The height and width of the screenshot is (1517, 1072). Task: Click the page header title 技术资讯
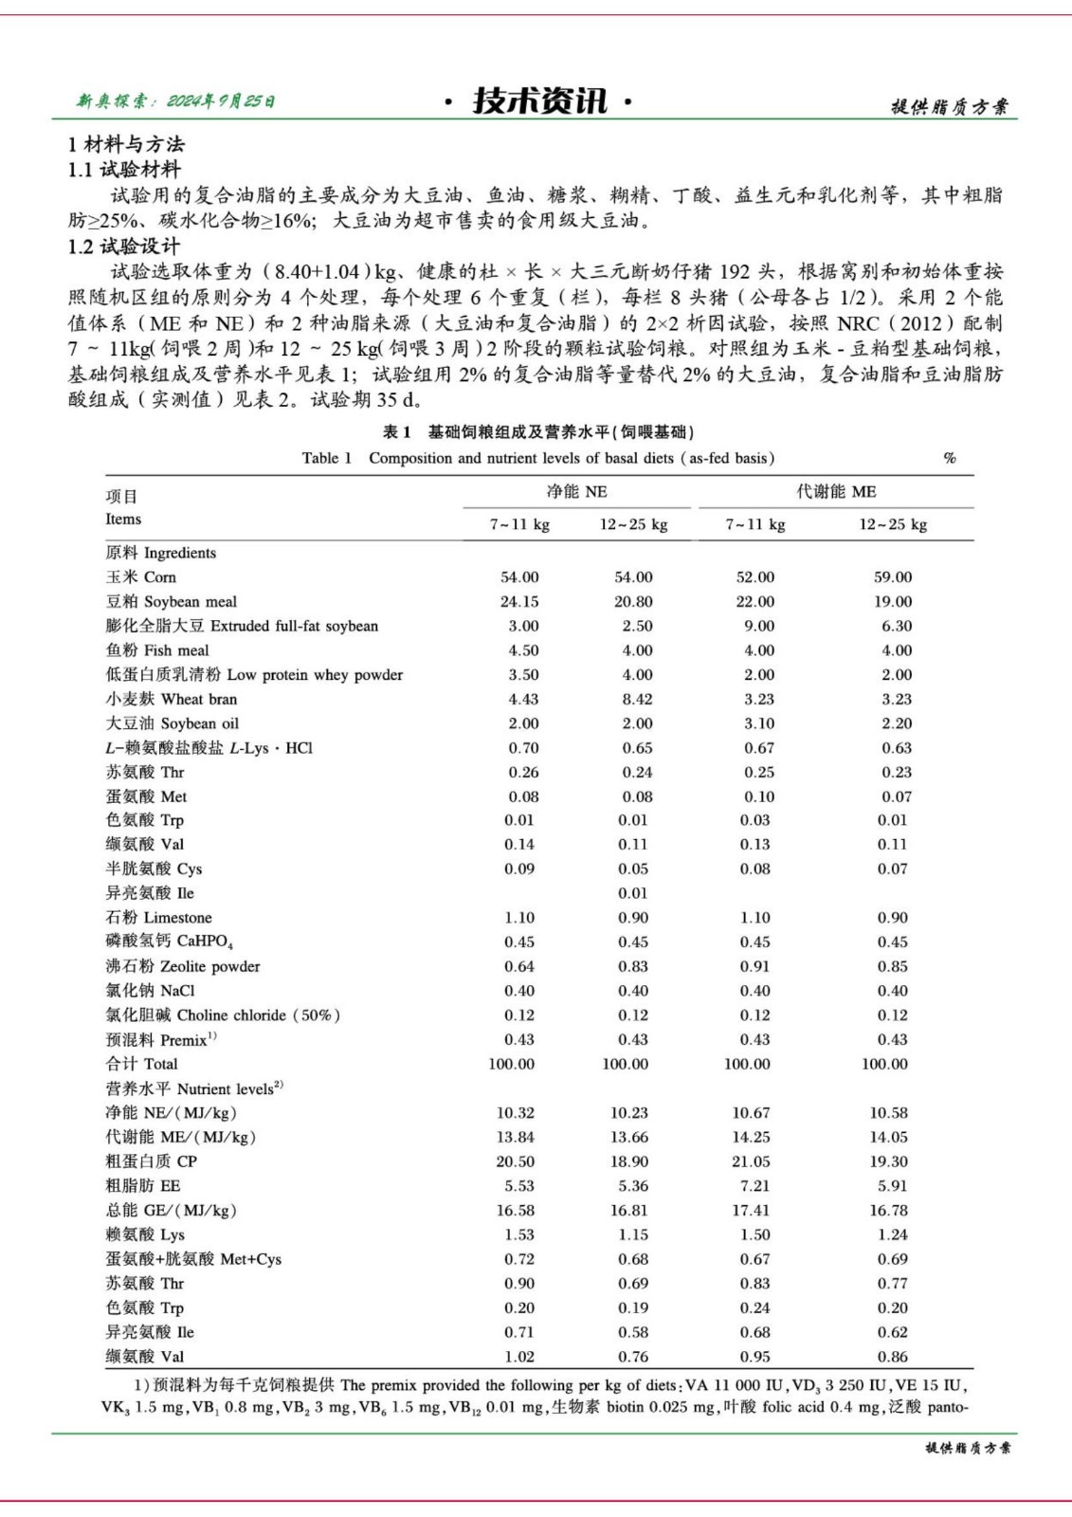pyautogui.click(x=538, y=101)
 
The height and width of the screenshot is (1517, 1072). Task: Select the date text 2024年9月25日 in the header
pyautogui.click(x=221, y=101)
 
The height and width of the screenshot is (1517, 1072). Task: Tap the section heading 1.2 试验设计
pyautogui.click(x=123, y=247)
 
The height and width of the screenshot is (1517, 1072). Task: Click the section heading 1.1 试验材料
pyautogui.click(x=123, y=170)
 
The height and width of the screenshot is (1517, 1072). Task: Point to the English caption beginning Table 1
pyautogui.click(x=537, y=458)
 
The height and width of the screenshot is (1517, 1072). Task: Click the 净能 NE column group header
pyautogui.click(x=576, y=491)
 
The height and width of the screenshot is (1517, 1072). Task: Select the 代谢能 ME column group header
pyautogui.click(x=836, y=491)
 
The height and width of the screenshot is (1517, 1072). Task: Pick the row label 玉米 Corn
pyautogui.click(x=140, y=576)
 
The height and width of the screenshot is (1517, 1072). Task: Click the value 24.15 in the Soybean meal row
pyautogui.click(x=519, y=601)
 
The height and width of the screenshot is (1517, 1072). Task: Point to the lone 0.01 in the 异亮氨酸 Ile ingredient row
pyautogui.click(x=633, y=893)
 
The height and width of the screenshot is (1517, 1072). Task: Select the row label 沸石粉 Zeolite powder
pyautogui.click(x=182, y=966)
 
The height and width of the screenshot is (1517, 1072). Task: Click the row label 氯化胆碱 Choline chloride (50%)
pyautogui.click(x=223, y=1014)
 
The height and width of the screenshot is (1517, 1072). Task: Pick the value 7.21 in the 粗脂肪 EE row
pyautogui.click(x=755, y=1186)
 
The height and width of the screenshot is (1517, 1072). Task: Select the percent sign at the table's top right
pyautogui.click(x=950, y=458)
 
